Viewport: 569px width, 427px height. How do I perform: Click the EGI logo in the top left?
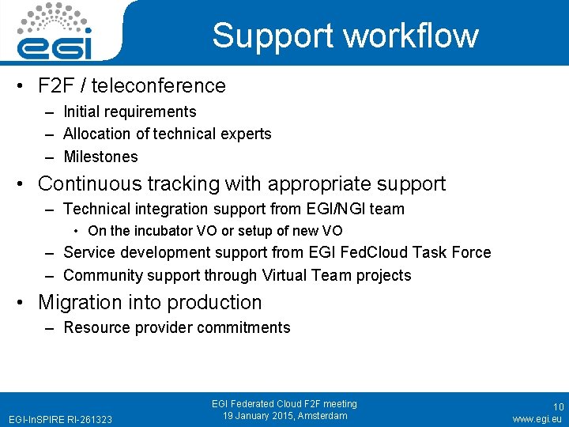coord(55,32)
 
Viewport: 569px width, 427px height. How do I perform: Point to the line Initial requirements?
coord(130,111)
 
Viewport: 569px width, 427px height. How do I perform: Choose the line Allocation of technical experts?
coord(167,134)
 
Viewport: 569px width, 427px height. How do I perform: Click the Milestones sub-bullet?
coord(100,157)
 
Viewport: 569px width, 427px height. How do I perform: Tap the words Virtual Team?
coord(316,275)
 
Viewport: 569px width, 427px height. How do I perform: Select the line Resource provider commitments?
coord(176,327)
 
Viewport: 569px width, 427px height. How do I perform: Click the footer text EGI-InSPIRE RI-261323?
coord(60,418)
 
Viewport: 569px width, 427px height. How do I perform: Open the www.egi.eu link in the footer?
coord(537,418)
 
